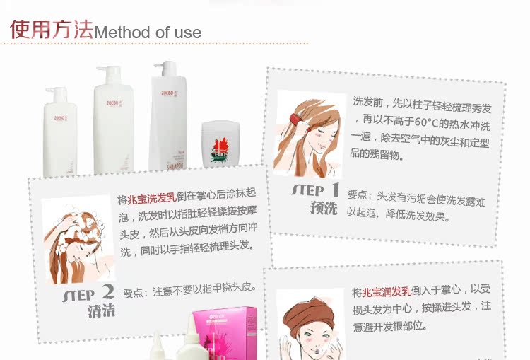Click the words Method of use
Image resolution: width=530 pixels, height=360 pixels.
(x=148, y=33)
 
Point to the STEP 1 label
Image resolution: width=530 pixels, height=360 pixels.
(x=315, y=190)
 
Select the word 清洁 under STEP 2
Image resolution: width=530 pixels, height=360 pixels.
(x=102, y=310)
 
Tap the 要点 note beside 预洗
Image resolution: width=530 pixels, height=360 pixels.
(x=417, y=202)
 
